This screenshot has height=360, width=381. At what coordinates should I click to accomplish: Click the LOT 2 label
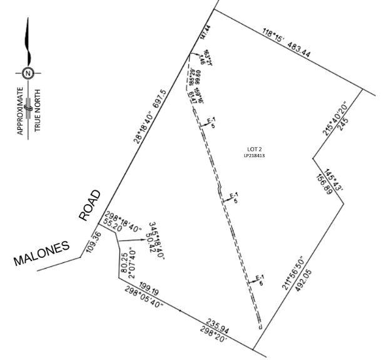click(254, 148)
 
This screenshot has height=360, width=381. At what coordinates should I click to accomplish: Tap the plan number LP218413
click(254, 155)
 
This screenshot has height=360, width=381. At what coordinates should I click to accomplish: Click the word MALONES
click(41, 254)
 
